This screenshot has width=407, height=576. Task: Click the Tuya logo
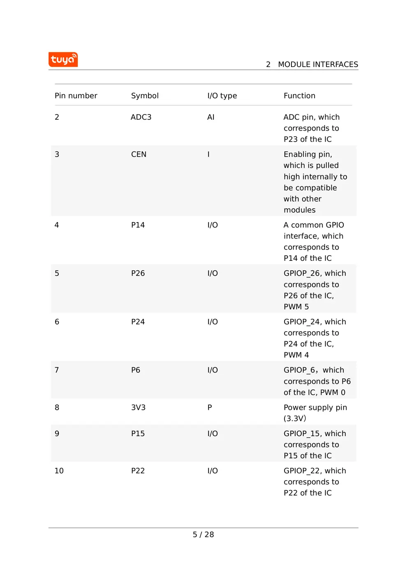pyautogui.click(x=63, y=60)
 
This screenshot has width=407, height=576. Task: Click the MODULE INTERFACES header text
pyautogui.click(x=317, y=65)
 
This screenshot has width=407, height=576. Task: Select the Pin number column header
pyautogui.click(x=76, y=96)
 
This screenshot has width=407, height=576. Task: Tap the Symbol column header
pyautogui.click(x=145, y=96)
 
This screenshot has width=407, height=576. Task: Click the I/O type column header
pyautogui.click(x=222, y=96)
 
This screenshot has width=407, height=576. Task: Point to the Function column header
pyautogui.click(x=299, y=96)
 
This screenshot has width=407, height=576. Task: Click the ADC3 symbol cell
pyautogui.click(x=141, y=117)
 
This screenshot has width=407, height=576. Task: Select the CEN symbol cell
pyautogui.click(x=139, y=154)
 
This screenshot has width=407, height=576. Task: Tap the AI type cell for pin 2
pyautogui.click(x=210, y=117)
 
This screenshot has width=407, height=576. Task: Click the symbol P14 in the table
pyautogui.click(x=138, y=225)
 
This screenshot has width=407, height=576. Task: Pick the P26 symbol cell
pyautogui.click(x=138, y=273)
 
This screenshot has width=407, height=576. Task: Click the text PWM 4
pyautogui.click(x=296, y=355)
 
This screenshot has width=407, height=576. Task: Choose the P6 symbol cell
pyautogui.click(x=136, y=370)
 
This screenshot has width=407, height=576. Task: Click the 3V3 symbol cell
pyautogui.click(x=138, y=407)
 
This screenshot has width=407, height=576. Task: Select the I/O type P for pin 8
pyautogui.click(x=210, y=407)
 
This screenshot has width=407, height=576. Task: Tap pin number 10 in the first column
pyautogui.click(x=59, y=471)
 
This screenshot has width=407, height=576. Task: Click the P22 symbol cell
pyautogui.click(x=138, y=471)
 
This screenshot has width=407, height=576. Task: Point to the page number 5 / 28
pyautogui.click(x=203, y=534)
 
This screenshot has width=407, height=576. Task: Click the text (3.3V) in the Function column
pyautogui.click(x=295, y=418)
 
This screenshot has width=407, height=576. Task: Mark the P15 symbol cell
pyautogui.click(x=138, y=434)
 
